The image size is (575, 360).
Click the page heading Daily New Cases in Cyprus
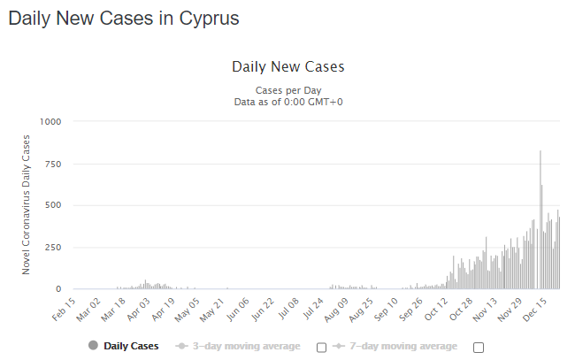pyautogui.click(x=123, y=18)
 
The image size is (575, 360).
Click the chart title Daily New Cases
pyautogui.click(x=287, y=66)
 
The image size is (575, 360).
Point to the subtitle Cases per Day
pyautogui.click(x=287, y=90)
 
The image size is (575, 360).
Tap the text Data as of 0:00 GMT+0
pyautogui.click(x=287, y=103)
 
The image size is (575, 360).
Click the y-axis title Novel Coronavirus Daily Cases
pyautogui.click(x=27, y=204)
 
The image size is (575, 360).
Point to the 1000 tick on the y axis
pyautogui.click(x=50, y=122)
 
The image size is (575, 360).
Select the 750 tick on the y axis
pyautogui.click(x=53, y=164)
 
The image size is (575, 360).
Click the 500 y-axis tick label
pyautogui.click(x=53, y=205)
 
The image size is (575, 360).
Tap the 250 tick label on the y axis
pyautogui.click(x=53, y=247)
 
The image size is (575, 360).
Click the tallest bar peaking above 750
pyautogui.click(x=540, y=221)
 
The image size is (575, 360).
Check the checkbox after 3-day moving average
pyautogui.click(x=322, y=347)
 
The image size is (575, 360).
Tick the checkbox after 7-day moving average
pyautogui.click(x=479, y=347)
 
